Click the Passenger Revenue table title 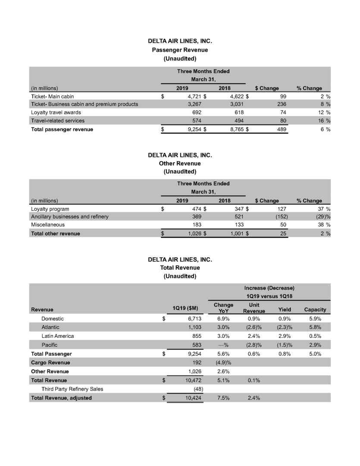pyautogui.click(x=180, y=50)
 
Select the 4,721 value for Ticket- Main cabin pyautogui.click(x=195, y=96)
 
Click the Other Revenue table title pyautogui.click(x=180, y=163)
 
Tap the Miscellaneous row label pyautogui.click(x=48, y=225)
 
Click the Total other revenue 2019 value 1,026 pyautogui.click(x=195, y=233)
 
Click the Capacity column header pyautogui.click(x=315, y=310)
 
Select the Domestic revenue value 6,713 pyautogui.click(x=192, y=319)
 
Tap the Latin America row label pyautogui.click(x=58, y=336)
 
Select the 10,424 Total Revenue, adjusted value pyautogui.click(x=192, y=398)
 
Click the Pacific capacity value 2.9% pyautogui.click(x=315, y=345)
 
